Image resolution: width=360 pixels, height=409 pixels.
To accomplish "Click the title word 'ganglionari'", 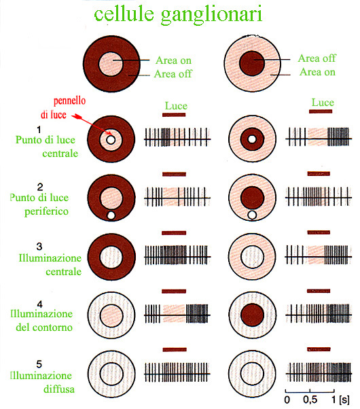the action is pyautogui.click(x=211, y=15).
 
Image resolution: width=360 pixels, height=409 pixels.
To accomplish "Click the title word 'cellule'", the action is pyautogui.click(x=124, y=14).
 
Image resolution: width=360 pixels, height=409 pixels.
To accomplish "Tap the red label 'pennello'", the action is pyautogui.click(x=70, y=101).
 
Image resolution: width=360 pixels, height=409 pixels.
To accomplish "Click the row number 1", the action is pyautogui.click(x=39, y=130).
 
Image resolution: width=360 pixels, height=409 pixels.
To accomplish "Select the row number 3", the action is pyautogui.click(x=39, y=247).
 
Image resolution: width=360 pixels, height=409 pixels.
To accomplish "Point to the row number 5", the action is pyautogui.click(x=39, y=364).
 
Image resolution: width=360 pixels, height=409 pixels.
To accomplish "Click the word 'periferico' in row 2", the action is pyautogui.click(x=46, y=211).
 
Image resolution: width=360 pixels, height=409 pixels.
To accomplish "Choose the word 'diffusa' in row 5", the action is pyautogui.click(x=59, y=389).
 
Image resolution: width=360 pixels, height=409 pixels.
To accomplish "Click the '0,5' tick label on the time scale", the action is pyautogui.click(x=310, y=399).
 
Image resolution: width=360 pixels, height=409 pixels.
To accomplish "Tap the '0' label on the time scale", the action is pyautogui.click(x=287, y=399).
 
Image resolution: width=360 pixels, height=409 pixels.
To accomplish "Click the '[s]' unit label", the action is pyautogui.click(x=344, y=399).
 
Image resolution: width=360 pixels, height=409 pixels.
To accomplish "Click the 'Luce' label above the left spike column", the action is pyautogui.click(x=176, y=105).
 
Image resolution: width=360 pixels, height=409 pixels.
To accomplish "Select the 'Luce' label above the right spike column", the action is pyautogui.click(x=323, y=102).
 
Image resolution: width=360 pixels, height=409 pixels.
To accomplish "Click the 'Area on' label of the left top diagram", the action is pyautogui.click(x=173, y=60).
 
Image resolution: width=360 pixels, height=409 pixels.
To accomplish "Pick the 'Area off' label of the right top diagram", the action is pyautogui.click(x=317, y=58).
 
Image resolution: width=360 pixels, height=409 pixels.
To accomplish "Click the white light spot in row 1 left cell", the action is pyautogui.click(x=111, y=140).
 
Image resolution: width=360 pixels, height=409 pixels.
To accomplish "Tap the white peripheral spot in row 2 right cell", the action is pyautogui.click(x=252, y=215).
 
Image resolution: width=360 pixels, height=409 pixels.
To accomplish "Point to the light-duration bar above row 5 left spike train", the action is pyautogui.click(x=175, y=349).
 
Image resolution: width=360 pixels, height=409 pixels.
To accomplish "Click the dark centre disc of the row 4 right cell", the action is pyautogui.click(x=252, y=315).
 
